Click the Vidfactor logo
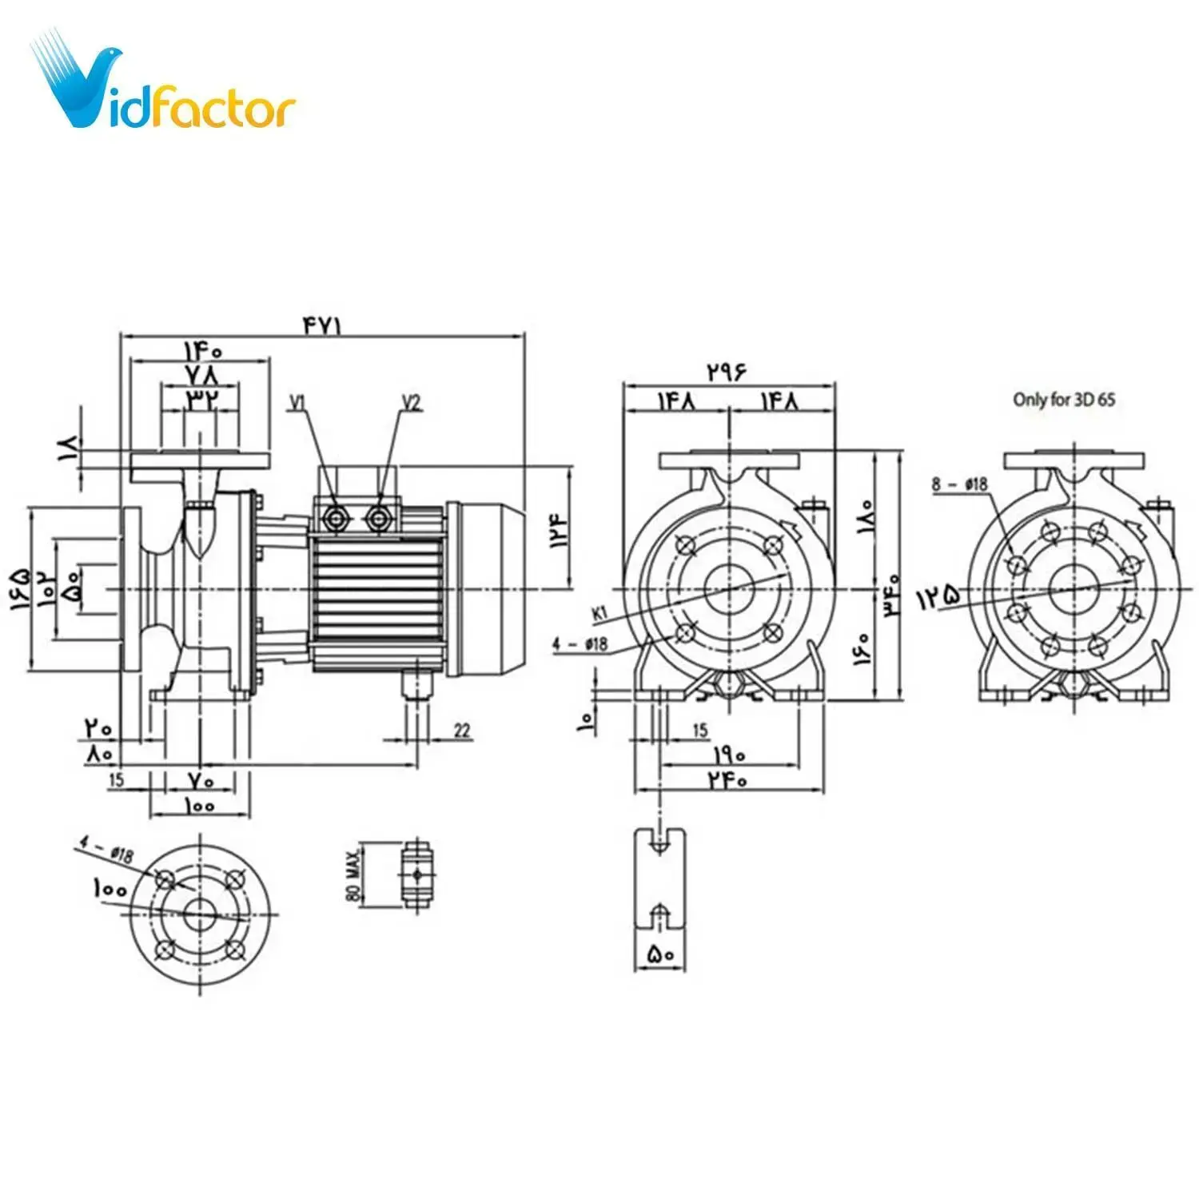[164, 84]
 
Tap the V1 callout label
[298, 402]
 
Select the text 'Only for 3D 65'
[1063, 399]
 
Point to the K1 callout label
[600, 613]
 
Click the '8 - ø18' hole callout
[959, 484]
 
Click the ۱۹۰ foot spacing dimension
[728, 754]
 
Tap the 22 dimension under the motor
[462, 730]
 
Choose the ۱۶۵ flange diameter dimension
[21, 590]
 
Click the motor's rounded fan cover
[488, 589]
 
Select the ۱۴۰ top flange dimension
[202, 350]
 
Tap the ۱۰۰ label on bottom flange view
[110, 888]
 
